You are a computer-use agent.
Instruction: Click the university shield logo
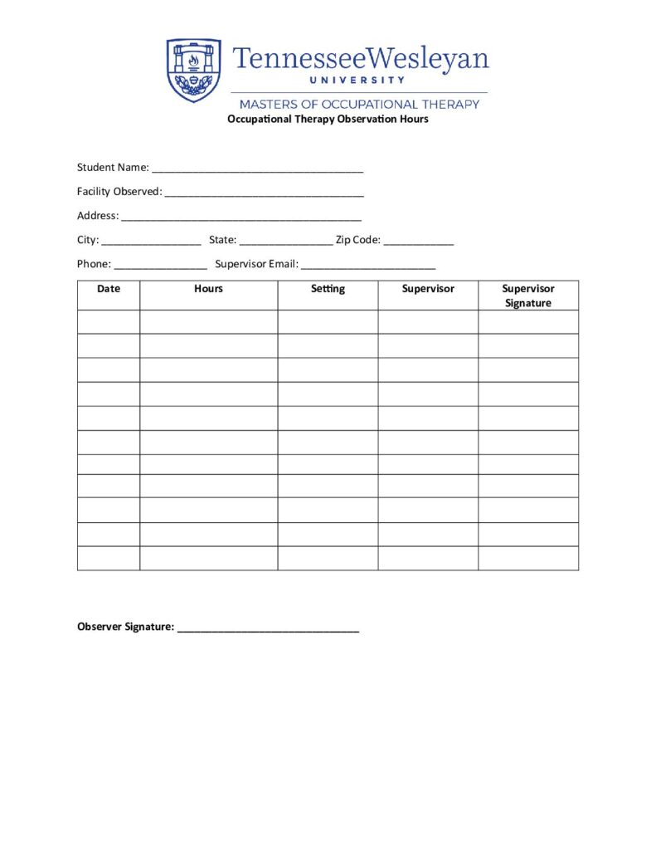[194, 70]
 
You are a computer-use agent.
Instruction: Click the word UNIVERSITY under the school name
[357, 81]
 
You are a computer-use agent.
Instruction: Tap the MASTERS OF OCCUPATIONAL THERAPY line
[359, 105]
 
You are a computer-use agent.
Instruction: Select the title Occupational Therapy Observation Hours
[328, 120]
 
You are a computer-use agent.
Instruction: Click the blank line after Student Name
[258, 169]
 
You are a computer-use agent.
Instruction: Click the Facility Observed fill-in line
[265, 193]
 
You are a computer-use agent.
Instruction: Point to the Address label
[97, 216]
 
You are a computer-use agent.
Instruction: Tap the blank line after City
[152, 242]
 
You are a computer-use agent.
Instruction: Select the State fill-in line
[286, 242]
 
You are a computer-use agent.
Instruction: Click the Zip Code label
[358, 240]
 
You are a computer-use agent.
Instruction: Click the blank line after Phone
[161, 266]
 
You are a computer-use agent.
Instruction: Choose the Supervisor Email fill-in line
[368, 266]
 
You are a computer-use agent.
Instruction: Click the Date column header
[109, 289]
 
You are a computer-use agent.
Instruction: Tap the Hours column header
[208, 289]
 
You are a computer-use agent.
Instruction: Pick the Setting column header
[328, 289]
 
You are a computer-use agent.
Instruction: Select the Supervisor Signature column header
[528, 296]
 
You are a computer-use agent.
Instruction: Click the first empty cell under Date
[109, 322]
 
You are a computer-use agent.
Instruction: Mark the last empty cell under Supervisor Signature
[528, 559]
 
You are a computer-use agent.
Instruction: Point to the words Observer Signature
[125, 627]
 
